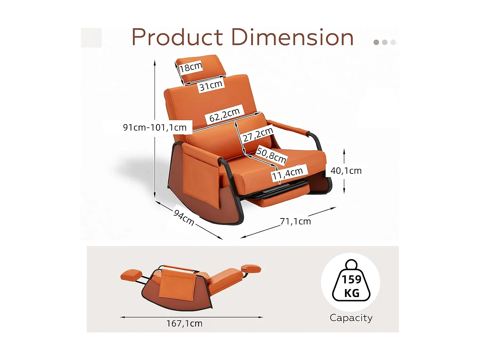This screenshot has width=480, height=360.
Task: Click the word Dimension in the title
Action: pos(292,37)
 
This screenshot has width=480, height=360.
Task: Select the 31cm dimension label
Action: pos(211,86)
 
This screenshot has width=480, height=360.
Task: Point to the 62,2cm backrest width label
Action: pos(224,115)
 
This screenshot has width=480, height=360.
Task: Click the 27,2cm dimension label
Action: pos(258,134)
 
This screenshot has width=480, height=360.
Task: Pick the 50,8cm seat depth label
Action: pos(271,155)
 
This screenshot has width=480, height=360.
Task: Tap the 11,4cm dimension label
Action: pos(287,173)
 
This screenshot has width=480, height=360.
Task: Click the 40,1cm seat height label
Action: pos(346,171)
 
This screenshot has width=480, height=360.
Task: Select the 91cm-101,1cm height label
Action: pos(155,127)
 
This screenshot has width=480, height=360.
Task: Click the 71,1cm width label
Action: pos(295,221)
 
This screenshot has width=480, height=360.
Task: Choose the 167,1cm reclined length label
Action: pos(184,324)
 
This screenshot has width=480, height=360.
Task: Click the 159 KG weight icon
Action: pos(351,282)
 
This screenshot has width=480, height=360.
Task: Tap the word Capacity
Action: pos(351,318)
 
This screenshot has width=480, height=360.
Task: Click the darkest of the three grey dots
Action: pos(376,42)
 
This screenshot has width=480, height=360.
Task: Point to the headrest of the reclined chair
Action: pos(252,268)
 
